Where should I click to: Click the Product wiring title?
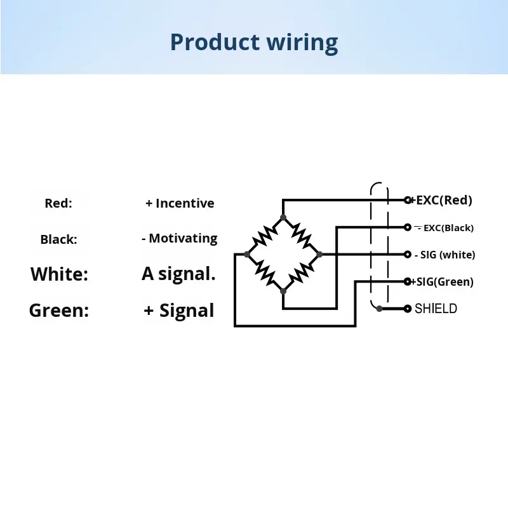coord(254,43)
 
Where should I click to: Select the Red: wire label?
coord(58,203)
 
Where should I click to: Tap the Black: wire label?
coord(58,239)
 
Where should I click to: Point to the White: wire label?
coord(59,274)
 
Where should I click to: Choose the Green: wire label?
coord(59,311)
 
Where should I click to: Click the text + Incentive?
coord(180,203)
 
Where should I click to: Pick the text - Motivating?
coord(180,239)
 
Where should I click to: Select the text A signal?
coord(178,274)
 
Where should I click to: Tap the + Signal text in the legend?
coord(179,311)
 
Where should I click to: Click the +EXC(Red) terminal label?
coord(441,200)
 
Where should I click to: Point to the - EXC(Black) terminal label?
coord(444,228)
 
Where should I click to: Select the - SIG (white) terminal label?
coord(445,255)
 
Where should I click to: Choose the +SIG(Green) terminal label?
coord(442,282)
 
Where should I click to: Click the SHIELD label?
coord(436,309)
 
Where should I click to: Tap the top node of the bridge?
coord(283,217)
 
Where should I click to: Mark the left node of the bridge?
coord(247,255)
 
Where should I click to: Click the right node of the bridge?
coord(319,255)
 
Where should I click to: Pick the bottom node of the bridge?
coord(283,291)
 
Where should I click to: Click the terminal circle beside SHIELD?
coord(408,309)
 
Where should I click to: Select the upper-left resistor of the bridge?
coord(265,236)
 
